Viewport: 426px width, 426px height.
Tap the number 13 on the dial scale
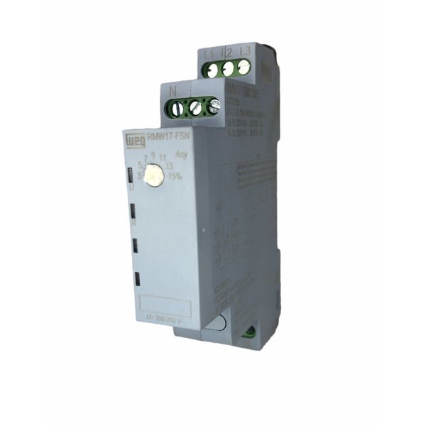(171, 167)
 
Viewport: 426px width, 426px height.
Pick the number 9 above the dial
(153, 155)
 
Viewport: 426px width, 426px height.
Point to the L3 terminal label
(245, 51)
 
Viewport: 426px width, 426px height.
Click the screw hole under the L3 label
(244, 67)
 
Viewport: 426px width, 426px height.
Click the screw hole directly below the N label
(175, 110)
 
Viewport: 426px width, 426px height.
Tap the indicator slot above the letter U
(131, 175)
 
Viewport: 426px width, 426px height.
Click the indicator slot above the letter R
(133, 209)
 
